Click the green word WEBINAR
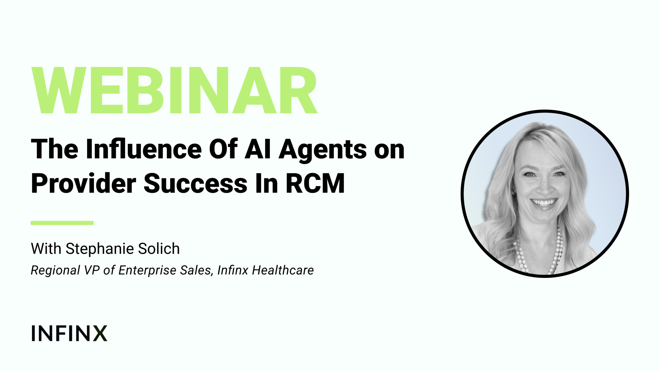pos(174,90)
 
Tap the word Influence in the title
pos(144,149)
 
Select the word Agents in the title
pos(323,151)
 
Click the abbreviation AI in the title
pos(258,149)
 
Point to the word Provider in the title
pos(83,183)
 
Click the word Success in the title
pos(195,183)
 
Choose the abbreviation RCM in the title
pos(315,183)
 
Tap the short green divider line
pos(62,223)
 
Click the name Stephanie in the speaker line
pos(100,249)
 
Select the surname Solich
pos(159,249)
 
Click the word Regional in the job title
pos(55,271)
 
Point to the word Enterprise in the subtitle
pos(147,271)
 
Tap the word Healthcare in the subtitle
pos(283,270)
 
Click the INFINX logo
pos(69,333)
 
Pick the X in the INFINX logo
pos(100,333)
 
